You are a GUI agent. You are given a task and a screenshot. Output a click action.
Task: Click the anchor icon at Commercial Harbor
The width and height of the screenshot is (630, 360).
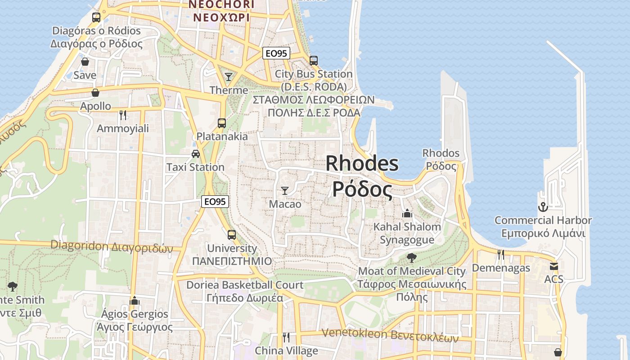[543, 207]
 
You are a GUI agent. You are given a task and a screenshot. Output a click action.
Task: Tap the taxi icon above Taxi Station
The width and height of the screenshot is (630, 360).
[196, 154]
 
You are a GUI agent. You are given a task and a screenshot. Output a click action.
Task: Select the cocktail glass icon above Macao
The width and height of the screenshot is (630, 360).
[284, 191]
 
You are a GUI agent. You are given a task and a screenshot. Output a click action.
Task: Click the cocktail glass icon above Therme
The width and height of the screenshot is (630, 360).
[229, 77]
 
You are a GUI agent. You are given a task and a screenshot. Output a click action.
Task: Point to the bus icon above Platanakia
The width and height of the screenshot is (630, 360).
[221, 123]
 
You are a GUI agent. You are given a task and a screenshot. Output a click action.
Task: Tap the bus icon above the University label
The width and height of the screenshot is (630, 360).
[231, 234]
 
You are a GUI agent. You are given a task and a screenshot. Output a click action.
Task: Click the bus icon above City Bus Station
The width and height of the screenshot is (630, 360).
[314, 60]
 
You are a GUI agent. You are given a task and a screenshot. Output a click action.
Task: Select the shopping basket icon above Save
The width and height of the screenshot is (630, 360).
[85, 62]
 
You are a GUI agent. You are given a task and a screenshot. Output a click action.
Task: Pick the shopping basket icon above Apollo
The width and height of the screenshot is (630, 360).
[95, 93]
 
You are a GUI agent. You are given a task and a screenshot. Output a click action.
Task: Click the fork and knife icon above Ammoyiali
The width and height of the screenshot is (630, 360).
[123, 115]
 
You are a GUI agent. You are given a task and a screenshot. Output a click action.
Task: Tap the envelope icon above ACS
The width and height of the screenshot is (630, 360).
[553, 266]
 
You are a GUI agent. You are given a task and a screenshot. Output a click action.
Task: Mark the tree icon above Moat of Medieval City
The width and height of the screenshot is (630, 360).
[411, 258]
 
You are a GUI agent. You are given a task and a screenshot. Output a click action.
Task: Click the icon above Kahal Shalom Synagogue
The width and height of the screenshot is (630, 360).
[407, 213]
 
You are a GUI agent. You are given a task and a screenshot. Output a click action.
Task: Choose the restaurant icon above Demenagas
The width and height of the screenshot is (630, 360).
[500, 255]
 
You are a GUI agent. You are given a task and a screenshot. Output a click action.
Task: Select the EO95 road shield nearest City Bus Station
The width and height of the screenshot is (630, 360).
[276, 53]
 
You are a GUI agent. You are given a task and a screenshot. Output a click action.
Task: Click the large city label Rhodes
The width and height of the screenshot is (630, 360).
[362, 163]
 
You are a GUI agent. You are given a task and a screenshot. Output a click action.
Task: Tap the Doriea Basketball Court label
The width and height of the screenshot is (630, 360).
[245, 285]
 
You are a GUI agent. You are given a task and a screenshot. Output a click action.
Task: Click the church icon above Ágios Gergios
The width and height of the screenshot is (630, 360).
[134, 301]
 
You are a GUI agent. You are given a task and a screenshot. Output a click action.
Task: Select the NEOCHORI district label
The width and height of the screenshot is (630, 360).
[221, 4]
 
